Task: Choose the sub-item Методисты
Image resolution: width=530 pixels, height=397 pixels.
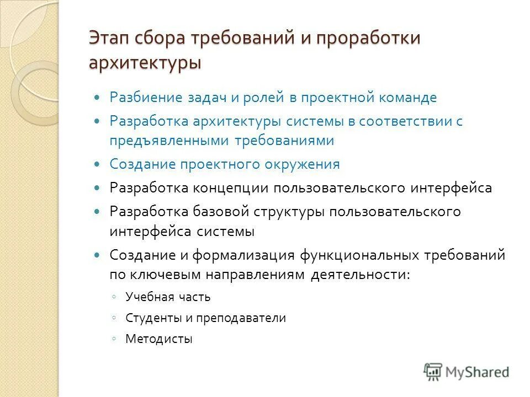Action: point(159,339)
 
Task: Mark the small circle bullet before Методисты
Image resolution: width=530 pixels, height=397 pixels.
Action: point(113,339)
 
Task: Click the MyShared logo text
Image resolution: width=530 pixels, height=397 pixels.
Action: point(477,372)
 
